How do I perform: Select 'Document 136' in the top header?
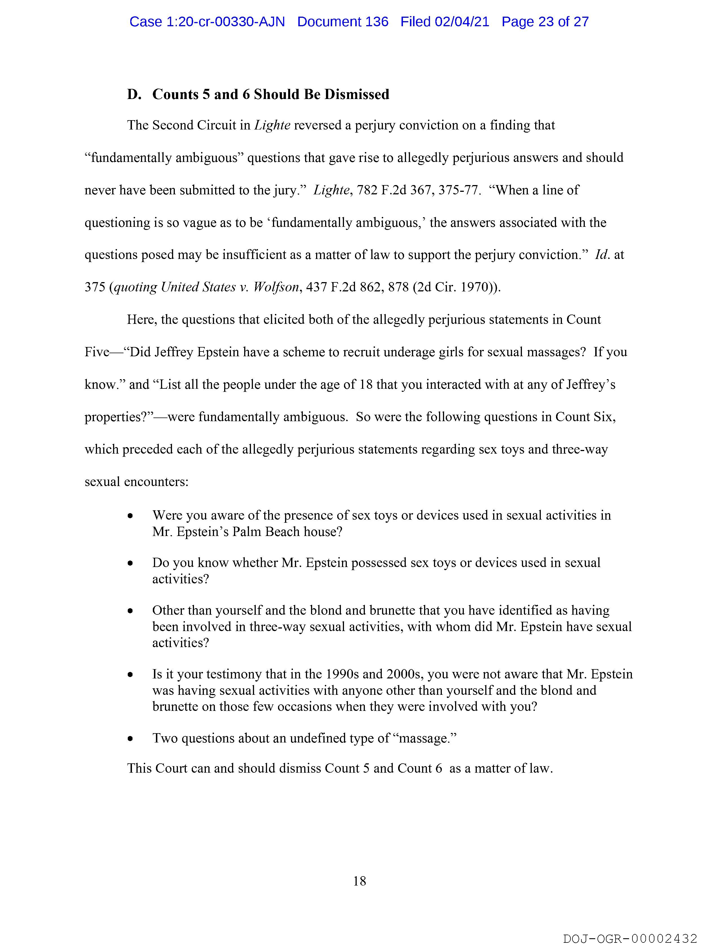tap(343, 22)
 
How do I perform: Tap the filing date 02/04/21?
tap(462, 22)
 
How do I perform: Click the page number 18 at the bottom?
tap(359, 881)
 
